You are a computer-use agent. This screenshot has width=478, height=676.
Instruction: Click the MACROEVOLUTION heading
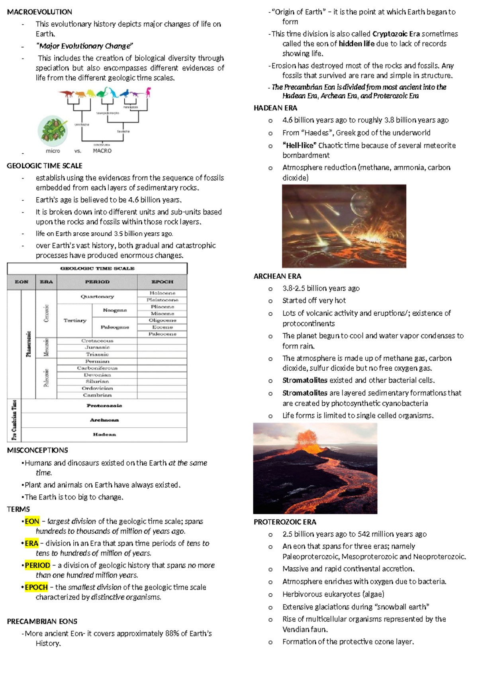[x=39, y=12]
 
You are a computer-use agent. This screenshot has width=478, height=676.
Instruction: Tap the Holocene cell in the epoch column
[x=162, y=293]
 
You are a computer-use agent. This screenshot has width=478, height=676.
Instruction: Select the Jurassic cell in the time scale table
[x=97, y=348]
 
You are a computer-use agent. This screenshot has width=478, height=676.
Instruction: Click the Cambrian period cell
[x=97, y=395]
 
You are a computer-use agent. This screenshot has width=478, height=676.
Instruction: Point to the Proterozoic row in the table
[x=104, y=406]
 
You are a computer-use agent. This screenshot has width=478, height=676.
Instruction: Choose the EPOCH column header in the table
[x=162, y=282]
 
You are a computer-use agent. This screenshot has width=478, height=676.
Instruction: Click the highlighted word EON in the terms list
[x=32, y=521]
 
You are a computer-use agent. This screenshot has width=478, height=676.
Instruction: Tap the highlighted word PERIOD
[x=37, y=565]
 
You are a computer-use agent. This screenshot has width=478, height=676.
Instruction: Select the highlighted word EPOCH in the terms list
[x=36, y=587]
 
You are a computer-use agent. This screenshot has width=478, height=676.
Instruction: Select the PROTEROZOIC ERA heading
[x=285, y=522]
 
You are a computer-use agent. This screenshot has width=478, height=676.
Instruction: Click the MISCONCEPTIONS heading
[x=37, y=450]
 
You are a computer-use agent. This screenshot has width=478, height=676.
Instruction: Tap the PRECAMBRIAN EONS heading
[x=42, y=621]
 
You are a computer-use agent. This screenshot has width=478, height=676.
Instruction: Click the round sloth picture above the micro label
[x=53, y=130]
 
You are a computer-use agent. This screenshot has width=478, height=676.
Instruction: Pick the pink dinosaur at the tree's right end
[x=148, y=92]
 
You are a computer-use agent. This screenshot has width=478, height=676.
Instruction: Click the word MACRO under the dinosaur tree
[x=102, y=151]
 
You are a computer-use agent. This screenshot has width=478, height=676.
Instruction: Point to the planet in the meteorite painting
[x=358, y=201]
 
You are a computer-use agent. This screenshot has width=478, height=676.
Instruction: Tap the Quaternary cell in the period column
[x=97, y=297]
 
